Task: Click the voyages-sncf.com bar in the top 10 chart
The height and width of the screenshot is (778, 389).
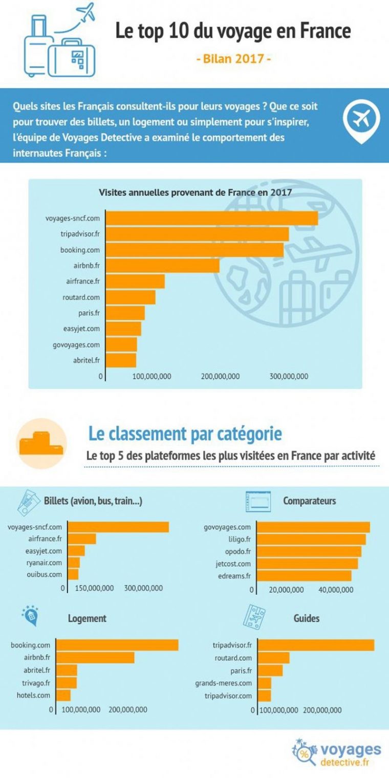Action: pos(211,218)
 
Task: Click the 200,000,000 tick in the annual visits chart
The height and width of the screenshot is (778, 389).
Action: pos(220,377)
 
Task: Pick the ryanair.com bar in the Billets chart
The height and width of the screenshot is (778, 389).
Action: pos(74,563)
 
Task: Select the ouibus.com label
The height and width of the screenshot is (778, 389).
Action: pos(44,574)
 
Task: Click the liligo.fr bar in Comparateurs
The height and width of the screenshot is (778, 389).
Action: pos(311,539)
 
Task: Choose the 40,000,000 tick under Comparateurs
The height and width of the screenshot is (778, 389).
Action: pos(335,590)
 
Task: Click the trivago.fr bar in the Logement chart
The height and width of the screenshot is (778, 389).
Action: pos(67,683)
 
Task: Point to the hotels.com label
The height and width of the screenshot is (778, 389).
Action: pos(34,695)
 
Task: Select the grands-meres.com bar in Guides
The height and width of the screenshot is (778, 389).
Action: pos(265,683)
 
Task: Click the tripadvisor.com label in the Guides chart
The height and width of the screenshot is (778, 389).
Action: pos(228,696)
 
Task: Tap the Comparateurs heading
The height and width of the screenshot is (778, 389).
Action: pos(310,501)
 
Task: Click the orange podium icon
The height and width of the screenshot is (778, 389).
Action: pos(41,444)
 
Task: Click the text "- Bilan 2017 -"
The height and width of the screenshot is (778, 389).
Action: pos(234,59)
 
